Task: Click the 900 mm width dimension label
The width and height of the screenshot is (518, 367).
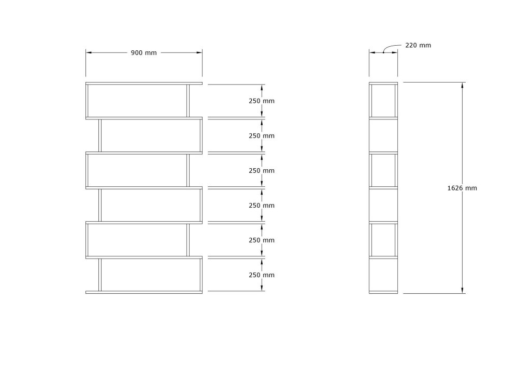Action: [x=143, y=52]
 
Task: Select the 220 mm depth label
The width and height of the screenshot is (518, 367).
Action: [x=418, y=45]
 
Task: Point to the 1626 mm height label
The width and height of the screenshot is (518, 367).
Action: [x=462, y=188]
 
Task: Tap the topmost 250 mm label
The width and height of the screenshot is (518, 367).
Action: [x=262, y=101]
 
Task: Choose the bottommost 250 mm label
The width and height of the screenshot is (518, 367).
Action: [x=262, y=275]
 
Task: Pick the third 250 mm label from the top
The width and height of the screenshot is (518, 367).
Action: [x=262, y=170]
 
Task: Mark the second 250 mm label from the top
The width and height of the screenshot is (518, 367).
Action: [x=262, y=135]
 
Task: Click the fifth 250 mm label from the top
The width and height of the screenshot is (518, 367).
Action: [x=262, y=240]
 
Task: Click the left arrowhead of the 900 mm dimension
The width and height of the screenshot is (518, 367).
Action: [x=89, y=52]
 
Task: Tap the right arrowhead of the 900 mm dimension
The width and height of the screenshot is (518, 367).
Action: [x=199, y=52]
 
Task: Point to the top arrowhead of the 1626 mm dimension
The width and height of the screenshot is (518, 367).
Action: [x=463, y=85]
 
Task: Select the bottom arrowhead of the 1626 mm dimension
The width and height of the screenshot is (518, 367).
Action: [x=463, y=290]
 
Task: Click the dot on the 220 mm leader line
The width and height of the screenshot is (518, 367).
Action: [x=383, y=52]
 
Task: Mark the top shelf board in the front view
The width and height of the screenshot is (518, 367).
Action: [x=144, y=83]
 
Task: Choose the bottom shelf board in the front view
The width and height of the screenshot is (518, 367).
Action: [x=144, y=292]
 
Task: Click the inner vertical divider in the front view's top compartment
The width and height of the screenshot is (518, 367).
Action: [x=188, y=101]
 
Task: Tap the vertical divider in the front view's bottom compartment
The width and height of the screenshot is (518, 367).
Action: [x=100, y=275]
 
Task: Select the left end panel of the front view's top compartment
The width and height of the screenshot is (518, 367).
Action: [x=87, y=101]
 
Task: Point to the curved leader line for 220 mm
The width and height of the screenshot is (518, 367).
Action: [x=392, y=47]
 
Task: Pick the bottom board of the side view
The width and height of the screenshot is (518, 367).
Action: [x=383, y=292]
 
